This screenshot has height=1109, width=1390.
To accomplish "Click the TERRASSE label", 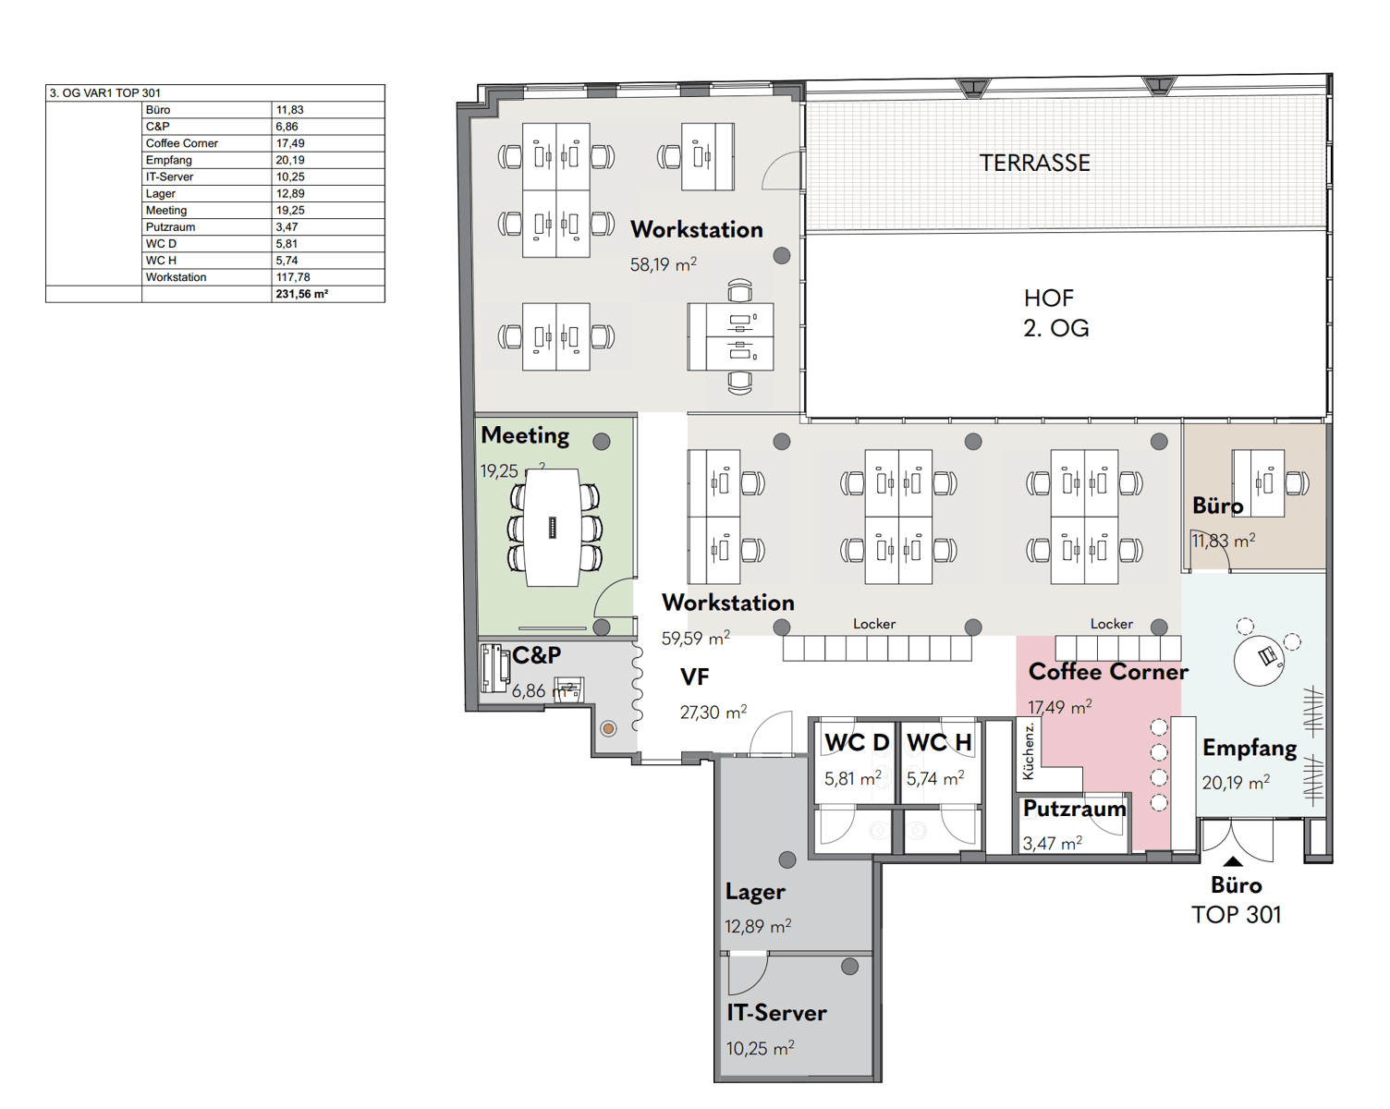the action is point(1034,163).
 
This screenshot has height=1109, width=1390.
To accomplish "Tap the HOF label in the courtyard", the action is point(1048,299).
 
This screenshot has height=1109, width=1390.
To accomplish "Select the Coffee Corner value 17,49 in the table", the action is point(290,143).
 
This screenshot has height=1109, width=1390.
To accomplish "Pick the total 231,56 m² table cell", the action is point(301,294).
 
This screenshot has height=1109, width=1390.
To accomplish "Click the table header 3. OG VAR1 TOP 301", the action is point(105,93).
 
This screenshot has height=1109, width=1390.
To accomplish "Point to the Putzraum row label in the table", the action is point(170,227).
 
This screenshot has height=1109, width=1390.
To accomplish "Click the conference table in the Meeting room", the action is point(553,528).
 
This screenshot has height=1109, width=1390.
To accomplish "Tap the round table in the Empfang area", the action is point(1258,661).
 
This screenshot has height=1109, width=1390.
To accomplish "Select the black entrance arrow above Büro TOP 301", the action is point(1232,861).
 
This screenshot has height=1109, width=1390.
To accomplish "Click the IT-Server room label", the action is point(776,1013).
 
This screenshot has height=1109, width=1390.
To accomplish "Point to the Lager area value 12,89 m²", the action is point(758,927).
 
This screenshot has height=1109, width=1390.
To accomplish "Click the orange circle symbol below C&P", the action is point(608,728).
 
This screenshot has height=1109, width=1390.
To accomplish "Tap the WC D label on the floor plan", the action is point(857,743).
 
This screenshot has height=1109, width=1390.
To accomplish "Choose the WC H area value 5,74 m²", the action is point(934,778).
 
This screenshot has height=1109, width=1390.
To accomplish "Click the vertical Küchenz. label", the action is point(1029,751).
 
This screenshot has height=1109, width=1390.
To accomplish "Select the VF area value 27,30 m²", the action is point(713,713).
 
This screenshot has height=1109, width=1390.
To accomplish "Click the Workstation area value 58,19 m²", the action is point(664,264).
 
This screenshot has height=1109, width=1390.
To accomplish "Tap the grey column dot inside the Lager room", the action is point(787,859).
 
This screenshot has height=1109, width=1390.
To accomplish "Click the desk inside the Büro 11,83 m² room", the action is point(1258,483).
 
